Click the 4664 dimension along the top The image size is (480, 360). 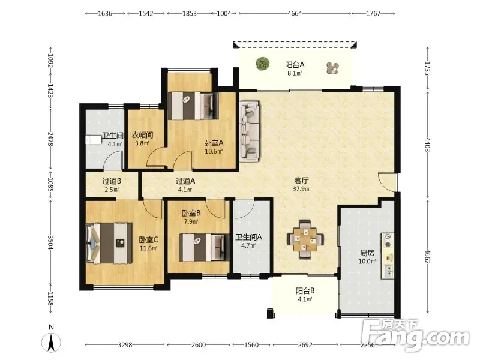tap(295, 13)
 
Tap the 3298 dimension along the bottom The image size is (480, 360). tap(125, 345)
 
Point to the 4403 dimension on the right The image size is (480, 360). tap(428, 145)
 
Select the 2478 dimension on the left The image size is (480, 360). tap(51, 139)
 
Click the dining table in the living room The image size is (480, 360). tap(305, 239)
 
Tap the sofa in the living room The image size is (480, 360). tap(249, 131)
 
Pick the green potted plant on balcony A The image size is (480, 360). tap(263, 64)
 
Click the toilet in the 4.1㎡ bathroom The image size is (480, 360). tap(94, 140)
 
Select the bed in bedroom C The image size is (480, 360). tap(109, 243)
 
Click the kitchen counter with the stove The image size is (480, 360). tap(388, 256)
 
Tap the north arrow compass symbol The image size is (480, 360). tap(52, 342)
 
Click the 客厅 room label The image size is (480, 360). tap(301, 181)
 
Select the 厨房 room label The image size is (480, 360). tap(367, 253)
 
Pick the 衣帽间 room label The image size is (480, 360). tap(142, 135)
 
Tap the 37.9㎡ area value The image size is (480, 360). tap(302, 189)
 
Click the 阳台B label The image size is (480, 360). tap(305, 291)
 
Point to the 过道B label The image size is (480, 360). tap(112, 181)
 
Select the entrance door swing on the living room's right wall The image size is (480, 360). tap(387, 182)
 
